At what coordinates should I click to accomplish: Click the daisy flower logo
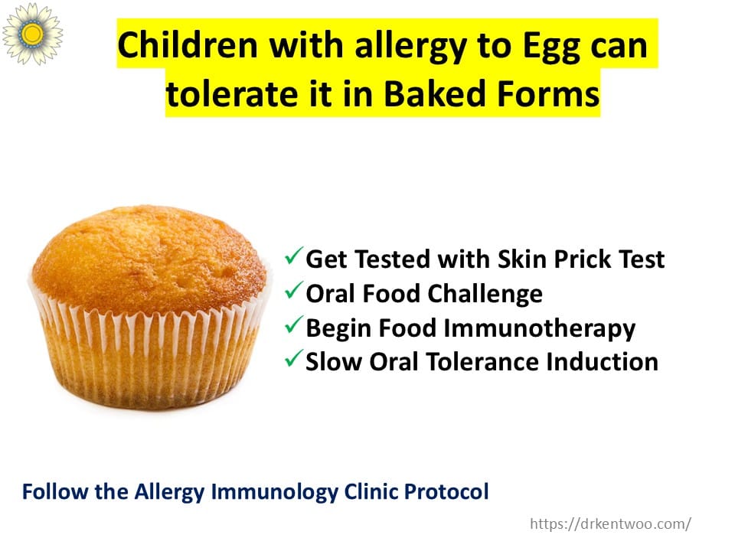(x=32, y=33)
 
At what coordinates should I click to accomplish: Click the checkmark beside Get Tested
(x=294, y=256)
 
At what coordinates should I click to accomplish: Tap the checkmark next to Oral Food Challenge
(x=294, y=291)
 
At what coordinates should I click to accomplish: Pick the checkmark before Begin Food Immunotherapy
(x=294, y=324)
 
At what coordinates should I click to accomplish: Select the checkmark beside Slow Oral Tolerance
(x=294, y=359)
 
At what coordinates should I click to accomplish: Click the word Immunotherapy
(x=539, y=329)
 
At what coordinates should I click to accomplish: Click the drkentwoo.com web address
(x=610, y=523)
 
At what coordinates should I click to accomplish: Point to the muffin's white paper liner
(x=149, y=356)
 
